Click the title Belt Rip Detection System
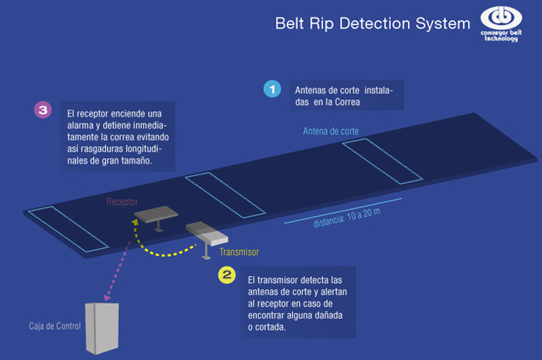[x=372, y=23]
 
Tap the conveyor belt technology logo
[x=502, y=24]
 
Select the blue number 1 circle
[x=271, y=89]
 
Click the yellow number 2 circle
[x=226, y=275]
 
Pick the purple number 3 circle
[x=43, y=110]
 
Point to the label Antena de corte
[x=330, y=131]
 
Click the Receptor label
[x=122, y=202]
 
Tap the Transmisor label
[x=239, y=252]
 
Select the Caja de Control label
[x=54, y=325]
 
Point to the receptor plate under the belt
[x=156, y=214]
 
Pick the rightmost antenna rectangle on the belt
[x=379, y=161]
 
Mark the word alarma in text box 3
[x=81, y=126]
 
